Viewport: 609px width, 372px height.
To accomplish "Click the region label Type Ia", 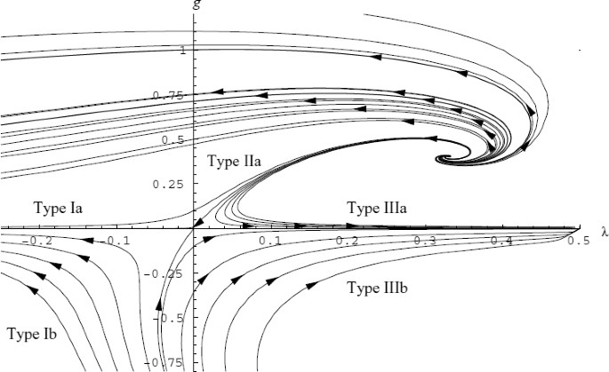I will click(x=59, y=209).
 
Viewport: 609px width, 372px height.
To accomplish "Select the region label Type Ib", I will click(x=34, y=334).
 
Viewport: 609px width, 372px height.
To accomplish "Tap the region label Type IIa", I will click(x=234, y=161).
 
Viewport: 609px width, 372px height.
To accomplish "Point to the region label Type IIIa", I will click(x=377, y=209).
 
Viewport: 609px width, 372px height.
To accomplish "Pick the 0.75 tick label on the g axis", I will click(x=174, y=96).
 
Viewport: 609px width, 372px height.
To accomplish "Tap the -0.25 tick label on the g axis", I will click(x=172, y=273).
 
